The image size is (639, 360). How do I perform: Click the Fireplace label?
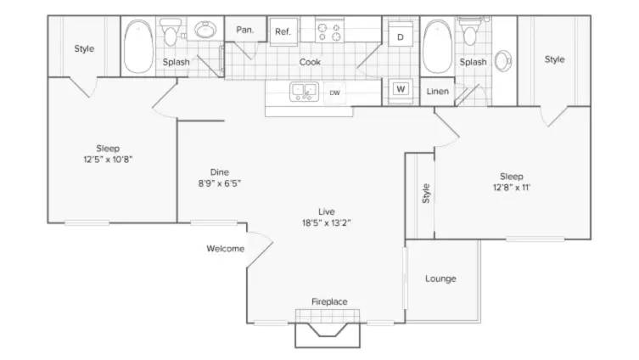(x=329, y=301)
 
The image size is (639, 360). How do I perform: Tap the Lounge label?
(x=440, y=278)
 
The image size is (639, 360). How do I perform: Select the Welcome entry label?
(x=225, y=249)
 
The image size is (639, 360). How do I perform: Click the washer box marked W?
(x=400, y=88)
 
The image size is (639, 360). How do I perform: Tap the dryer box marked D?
(x=400, y=37)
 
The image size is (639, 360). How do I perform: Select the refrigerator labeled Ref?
(x=283, y=31)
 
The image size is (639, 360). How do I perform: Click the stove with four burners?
(x=329, y=31)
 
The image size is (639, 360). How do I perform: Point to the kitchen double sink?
(x=303, y=91)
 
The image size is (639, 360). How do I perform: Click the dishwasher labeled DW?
(x=336, y=92)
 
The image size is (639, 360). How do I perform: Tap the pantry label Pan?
(x=245, y=29)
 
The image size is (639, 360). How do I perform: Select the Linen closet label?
(x=438, y=92)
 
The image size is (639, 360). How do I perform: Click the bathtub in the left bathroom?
(x=138, y=47)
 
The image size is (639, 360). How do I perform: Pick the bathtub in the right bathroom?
(x=437, y=47)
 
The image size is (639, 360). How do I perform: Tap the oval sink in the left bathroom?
(x=205, y=31)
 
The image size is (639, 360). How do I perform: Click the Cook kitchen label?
(x=310, y=62)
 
